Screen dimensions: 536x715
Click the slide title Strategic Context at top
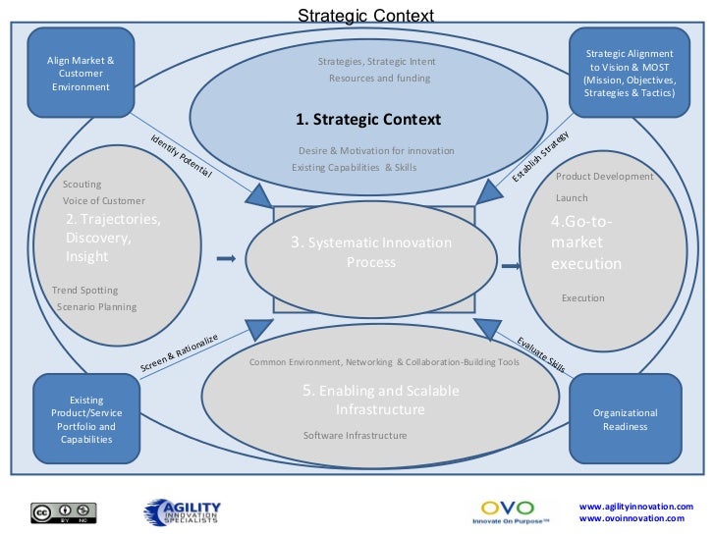coord(364,16)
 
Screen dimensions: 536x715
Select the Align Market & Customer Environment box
coord(81,74)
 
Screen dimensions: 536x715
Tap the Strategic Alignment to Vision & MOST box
coord(629,74)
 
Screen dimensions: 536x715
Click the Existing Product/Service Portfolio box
coord(86,419)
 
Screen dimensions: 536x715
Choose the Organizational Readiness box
coord(625,419)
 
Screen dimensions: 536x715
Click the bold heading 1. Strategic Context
coord(368,120)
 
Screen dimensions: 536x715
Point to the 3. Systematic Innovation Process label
coord(370,252)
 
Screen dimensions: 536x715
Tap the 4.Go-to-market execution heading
coord(586,242)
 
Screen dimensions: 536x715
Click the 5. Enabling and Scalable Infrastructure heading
coord(380,400)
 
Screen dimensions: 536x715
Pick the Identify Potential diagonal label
coord(181,154)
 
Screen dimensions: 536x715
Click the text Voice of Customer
coord(103,201)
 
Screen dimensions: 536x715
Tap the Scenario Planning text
coord(97,306)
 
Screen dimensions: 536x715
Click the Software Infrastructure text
coord(355,435)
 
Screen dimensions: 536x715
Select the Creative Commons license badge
coord(65,511)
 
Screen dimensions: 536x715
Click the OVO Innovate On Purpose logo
coord(508,511)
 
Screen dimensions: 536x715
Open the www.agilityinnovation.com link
coord(636,507)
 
